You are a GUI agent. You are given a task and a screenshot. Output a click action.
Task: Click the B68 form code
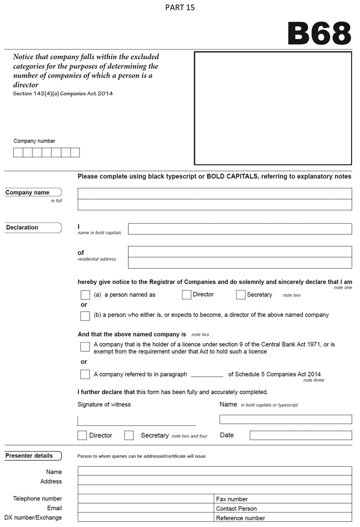319,33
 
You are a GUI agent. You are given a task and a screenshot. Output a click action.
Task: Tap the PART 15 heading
180,8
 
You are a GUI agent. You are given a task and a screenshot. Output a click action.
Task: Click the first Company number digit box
18,152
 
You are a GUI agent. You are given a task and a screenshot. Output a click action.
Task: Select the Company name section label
27,192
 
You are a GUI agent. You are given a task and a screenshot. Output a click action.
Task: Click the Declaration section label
22,228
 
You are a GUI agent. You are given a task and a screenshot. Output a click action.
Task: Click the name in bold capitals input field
240,229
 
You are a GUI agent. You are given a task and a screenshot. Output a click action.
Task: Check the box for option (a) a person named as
85,295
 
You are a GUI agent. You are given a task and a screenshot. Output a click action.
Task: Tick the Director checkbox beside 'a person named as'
187,295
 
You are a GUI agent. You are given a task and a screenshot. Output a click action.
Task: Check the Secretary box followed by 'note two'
241,295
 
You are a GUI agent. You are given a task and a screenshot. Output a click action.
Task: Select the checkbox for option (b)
85,316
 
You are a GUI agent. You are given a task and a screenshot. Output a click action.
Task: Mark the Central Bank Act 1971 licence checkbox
85,347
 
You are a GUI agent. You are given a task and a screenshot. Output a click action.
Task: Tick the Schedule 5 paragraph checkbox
85,374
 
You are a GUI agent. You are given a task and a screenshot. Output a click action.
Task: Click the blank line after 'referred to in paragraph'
207,375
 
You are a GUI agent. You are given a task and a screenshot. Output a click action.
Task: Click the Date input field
301,435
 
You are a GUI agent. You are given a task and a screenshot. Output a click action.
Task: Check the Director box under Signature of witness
82,435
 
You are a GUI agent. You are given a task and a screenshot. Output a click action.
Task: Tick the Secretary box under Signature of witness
129,435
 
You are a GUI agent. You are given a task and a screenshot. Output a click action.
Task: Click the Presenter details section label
29,456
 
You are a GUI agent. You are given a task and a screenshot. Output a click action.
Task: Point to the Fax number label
232,499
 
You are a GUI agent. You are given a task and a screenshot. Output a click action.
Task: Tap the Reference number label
240,518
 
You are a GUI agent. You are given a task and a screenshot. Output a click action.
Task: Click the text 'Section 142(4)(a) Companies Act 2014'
63,94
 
